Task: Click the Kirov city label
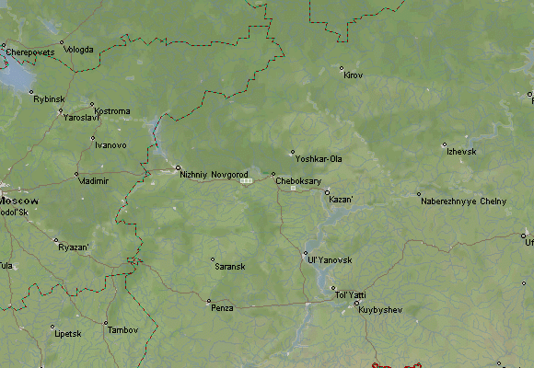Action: (353, 75)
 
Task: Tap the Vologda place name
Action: (78, 50)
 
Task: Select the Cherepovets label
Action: (30, 52)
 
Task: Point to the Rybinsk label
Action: (49, 98)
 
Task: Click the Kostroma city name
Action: (111, 111)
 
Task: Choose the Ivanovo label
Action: (110, 145)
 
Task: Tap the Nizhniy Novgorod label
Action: (214, 174)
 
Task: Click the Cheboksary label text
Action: (297, 181)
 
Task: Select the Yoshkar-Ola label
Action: (318, 159)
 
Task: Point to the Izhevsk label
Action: (461, 151)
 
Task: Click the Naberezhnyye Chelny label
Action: (462, 201)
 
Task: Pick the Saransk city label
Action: (229, 267)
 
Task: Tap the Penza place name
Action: (221, 308)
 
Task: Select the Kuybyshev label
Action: (380, 310)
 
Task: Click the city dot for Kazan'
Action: (327, 192)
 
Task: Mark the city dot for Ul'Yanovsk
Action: (306, 253)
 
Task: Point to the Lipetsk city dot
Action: (52, 327)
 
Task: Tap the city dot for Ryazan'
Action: (56, 240)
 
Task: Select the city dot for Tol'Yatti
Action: (334, 288)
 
